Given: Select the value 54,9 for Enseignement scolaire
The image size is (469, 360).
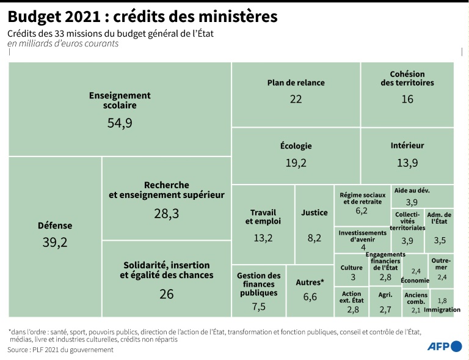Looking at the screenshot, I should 120,123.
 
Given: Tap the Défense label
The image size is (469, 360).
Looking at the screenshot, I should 55,226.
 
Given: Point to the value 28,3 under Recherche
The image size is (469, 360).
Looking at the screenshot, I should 167,213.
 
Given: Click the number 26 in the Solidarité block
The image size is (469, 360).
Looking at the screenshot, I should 167,294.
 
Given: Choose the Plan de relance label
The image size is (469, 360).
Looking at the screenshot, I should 296,83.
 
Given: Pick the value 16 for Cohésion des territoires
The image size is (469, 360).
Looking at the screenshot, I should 407,98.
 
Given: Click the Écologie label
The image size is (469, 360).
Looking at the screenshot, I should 296,146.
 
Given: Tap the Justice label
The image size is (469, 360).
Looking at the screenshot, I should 314,213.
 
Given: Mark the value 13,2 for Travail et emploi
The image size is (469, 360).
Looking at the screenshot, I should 263,238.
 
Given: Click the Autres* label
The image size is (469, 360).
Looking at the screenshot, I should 310,282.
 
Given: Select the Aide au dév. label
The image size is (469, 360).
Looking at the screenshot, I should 412,191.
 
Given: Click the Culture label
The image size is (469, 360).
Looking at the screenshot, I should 352,268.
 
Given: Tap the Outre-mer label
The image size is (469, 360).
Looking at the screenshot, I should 441,263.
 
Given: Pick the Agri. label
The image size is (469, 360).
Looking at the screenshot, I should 385,295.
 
